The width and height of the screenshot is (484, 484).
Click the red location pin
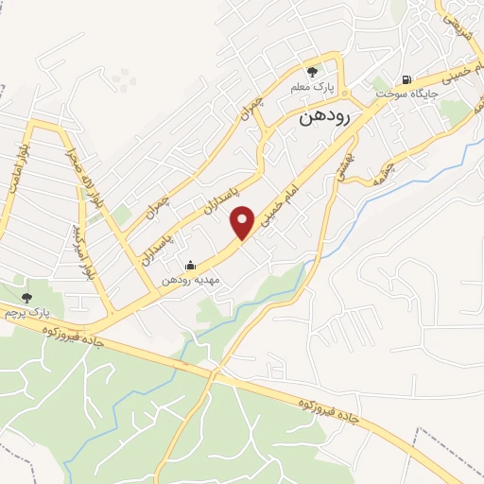[243, 221]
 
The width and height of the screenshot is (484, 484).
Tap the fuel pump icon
[406, 80]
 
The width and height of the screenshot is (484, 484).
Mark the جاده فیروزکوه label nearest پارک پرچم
[71, 333]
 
